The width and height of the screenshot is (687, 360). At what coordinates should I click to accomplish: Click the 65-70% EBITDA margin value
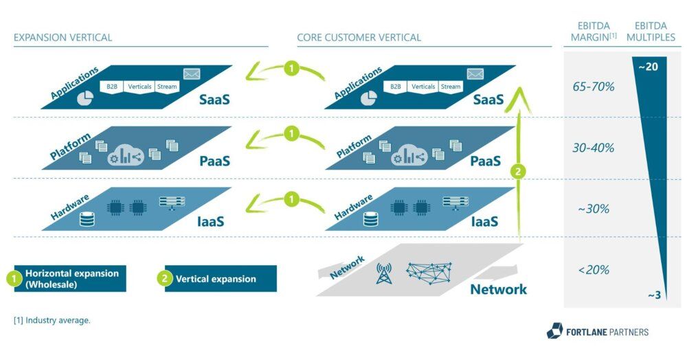[x=594, y=87]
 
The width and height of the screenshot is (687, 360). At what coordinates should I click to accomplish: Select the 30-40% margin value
[x=594, y=148]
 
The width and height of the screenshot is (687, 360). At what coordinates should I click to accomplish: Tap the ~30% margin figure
[x=594, y=209]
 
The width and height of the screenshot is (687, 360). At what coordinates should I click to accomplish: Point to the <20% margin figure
[x=594, y=270]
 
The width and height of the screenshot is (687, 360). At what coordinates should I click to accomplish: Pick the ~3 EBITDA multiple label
[x=654, y=295]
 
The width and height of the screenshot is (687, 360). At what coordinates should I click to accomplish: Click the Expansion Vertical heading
[x=63, y=37]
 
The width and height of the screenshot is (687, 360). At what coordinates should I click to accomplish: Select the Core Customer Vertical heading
[x=359, y=37]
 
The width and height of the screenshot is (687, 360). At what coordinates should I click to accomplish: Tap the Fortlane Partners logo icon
[x=554, y=332]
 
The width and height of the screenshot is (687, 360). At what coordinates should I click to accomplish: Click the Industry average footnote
[x=52, y=320]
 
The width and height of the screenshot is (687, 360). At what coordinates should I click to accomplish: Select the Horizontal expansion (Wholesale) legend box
[x=70, y=278]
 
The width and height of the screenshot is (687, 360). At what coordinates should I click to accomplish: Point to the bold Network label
[x=498, y=289]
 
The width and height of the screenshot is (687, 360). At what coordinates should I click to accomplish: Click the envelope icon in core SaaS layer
[x=475, y=74]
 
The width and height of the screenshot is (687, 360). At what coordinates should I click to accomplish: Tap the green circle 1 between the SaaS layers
[x=291, y=69]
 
